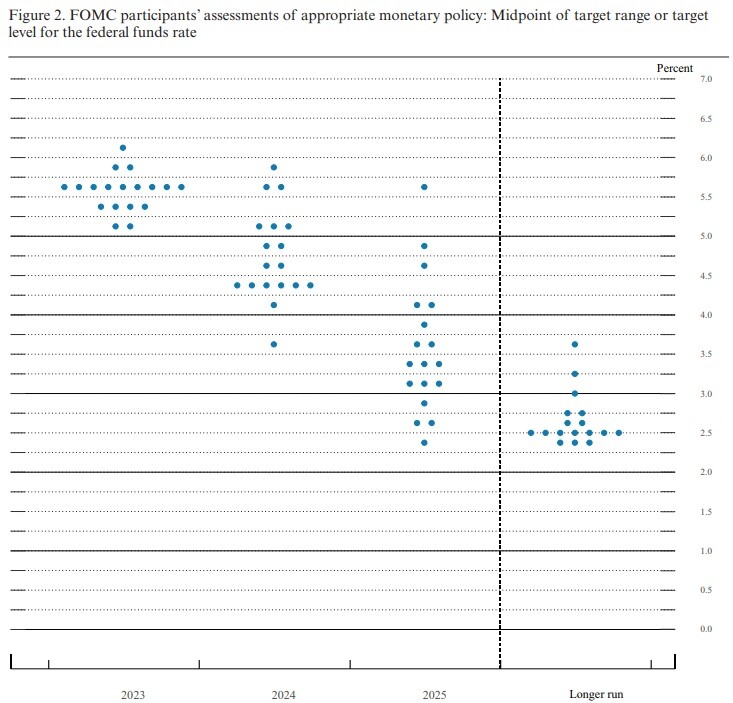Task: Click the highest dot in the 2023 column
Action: click(123, 148)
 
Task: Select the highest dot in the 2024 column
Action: click(274, 167)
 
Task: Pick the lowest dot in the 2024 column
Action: click(274, 344)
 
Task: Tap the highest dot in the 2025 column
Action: click(424, 187)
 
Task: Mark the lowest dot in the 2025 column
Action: click(424, 443)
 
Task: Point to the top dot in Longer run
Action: click(575, 344)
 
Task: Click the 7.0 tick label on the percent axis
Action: click(706, 79)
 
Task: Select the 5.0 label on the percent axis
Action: click(706, 236)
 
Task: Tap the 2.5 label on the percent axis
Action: click(706, 433)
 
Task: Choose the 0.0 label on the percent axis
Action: click(706, 629)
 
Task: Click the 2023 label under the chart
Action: click(133, 695)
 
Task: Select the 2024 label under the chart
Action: click(284, 695)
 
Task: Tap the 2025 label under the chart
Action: click(434, 695)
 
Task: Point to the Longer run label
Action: click(596, 695)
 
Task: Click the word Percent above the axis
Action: click(675, 68)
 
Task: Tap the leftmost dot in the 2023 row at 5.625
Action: click(65, 187)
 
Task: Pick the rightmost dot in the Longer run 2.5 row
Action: click(619, 433)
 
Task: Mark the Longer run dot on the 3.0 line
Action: click(575, 394)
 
